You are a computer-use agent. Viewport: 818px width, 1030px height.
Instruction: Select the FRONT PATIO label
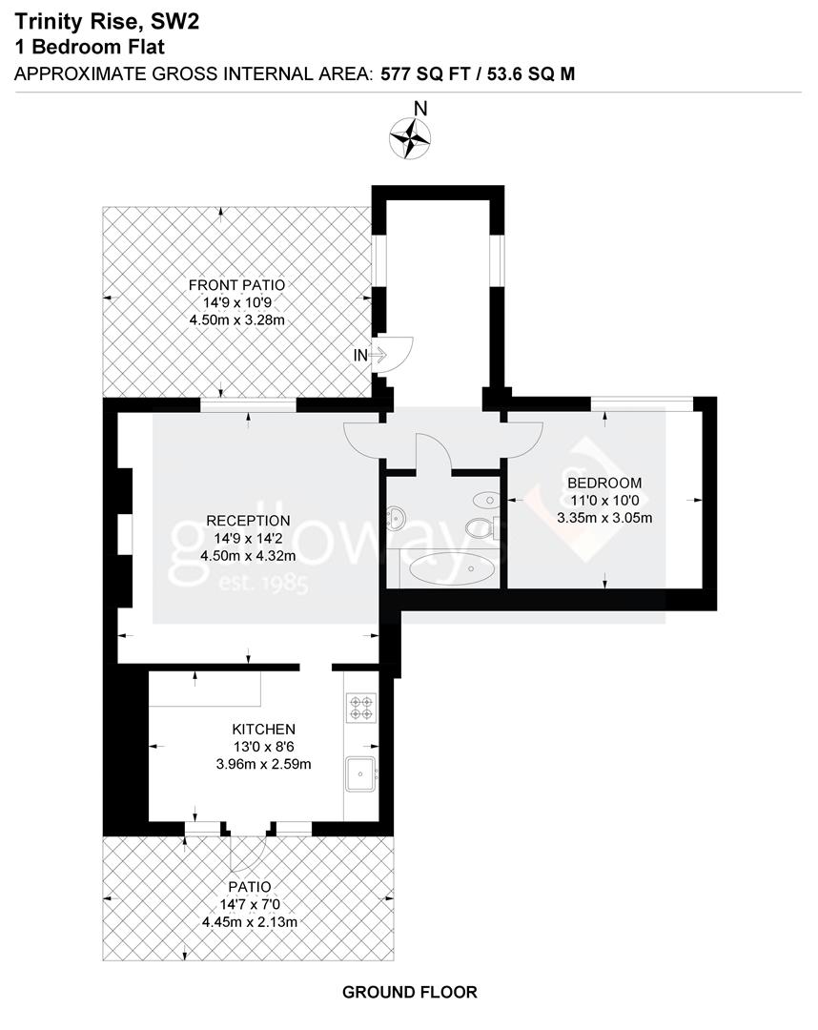[x=236, y=285]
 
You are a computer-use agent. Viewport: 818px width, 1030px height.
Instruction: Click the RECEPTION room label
[x=248, y=521]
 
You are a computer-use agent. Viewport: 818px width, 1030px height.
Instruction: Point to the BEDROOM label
[x=603, y=483]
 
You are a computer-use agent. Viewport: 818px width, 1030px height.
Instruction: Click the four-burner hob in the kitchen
[x=361, y=707]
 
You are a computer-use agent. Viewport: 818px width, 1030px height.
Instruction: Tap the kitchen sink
[x=361, y=773]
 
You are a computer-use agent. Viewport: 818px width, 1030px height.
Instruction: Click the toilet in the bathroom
[x=479, y=527]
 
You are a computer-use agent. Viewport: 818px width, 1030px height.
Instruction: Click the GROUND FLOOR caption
[x=409, y=992]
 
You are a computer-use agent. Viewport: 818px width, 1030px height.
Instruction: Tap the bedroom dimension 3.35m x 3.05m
[x=603, y=518]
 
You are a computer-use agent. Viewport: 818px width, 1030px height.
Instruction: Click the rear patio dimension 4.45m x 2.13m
[x=250, y=921]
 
